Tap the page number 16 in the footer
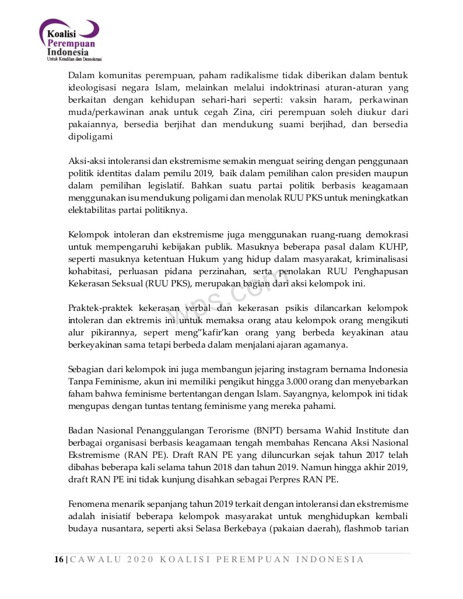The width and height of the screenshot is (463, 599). [58, 559]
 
